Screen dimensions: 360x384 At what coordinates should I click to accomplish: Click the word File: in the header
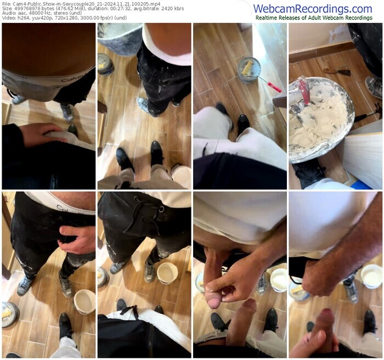point(6,3)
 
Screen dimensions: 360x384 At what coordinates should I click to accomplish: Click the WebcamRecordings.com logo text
point(313,8)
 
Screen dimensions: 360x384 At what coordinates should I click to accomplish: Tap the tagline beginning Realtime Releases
point(314,18)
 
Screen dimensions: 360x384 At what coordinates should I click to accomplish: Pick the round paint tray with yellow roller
point(249,69)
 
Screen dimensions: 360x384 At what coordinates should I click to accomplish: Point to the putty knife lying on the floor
point(337,71)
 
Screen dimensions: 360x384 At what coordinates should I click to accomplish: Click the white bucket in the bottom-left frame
point(84,301)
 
